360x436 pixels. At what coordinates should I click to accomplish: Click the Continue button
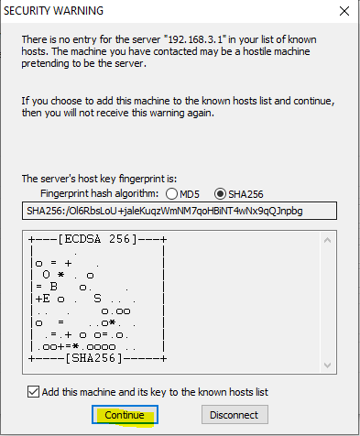click(125, 415)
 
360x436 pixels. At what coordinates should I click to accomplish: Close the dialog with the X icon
click(344, 11)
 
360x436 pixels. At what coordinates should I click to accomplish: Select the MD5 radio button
click(171, 194)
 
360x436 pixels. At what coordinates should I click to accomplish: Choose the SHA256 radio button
click(220, 194)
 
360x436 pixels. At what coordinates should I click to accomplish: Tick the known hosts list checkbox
click(33, 392)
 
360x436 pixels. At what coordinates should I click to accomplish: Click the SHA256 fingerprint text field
click(180, 211)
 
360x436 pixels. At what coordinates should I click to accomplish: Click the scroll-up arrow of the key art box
click(327, 240)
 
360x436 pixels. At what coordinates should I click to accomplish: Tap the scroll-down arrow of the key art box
click(327, 365)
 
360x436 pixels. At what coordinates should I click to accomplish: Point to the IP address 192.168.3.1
click(196, 39)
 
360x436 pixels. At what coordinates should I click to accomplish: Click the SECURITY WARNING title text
click(53, 11)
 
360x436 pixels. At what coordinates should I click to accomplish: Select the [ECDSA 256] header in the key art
click(97, 239)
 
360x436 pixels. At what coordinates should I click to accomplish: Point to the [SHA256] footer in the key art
click(94, 358)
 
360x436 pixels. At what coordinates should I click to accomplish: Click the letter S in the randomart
click(97, 299)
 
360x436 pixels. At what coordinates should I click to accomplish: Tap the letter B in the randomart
click(53, 287)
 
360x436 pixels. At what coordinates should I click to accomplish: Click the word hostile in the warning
click(257, 51)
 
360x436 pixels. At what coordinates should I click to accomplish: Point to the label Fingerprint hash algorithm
click(99, 193)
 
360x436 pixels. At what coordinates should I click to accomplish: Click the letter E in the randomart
click(46, 299)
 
